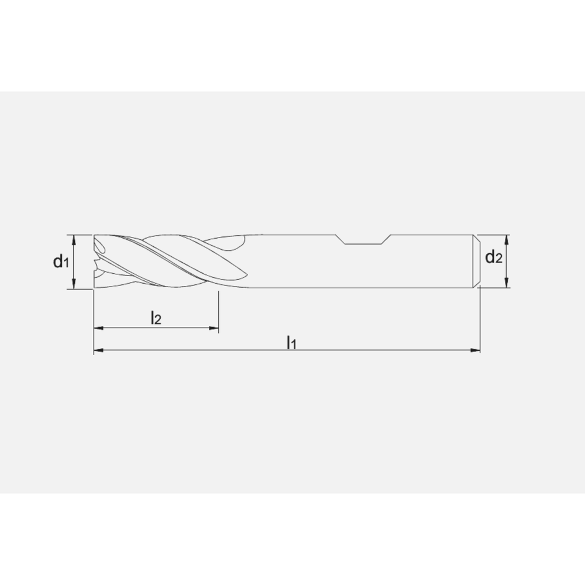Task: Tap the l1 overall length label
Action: [291, 342]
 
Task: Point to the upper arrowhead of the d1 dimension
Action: [74, 238]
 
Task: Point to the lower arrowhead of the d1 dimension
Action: [74, 285]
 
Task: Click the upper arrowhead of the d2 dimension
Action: [507, 238]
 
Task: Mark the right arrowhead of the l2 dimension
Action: [215, 329]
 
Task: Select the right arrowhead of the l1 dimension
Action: [476, 351]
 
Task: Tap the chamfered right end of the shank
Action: [476, 261]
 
